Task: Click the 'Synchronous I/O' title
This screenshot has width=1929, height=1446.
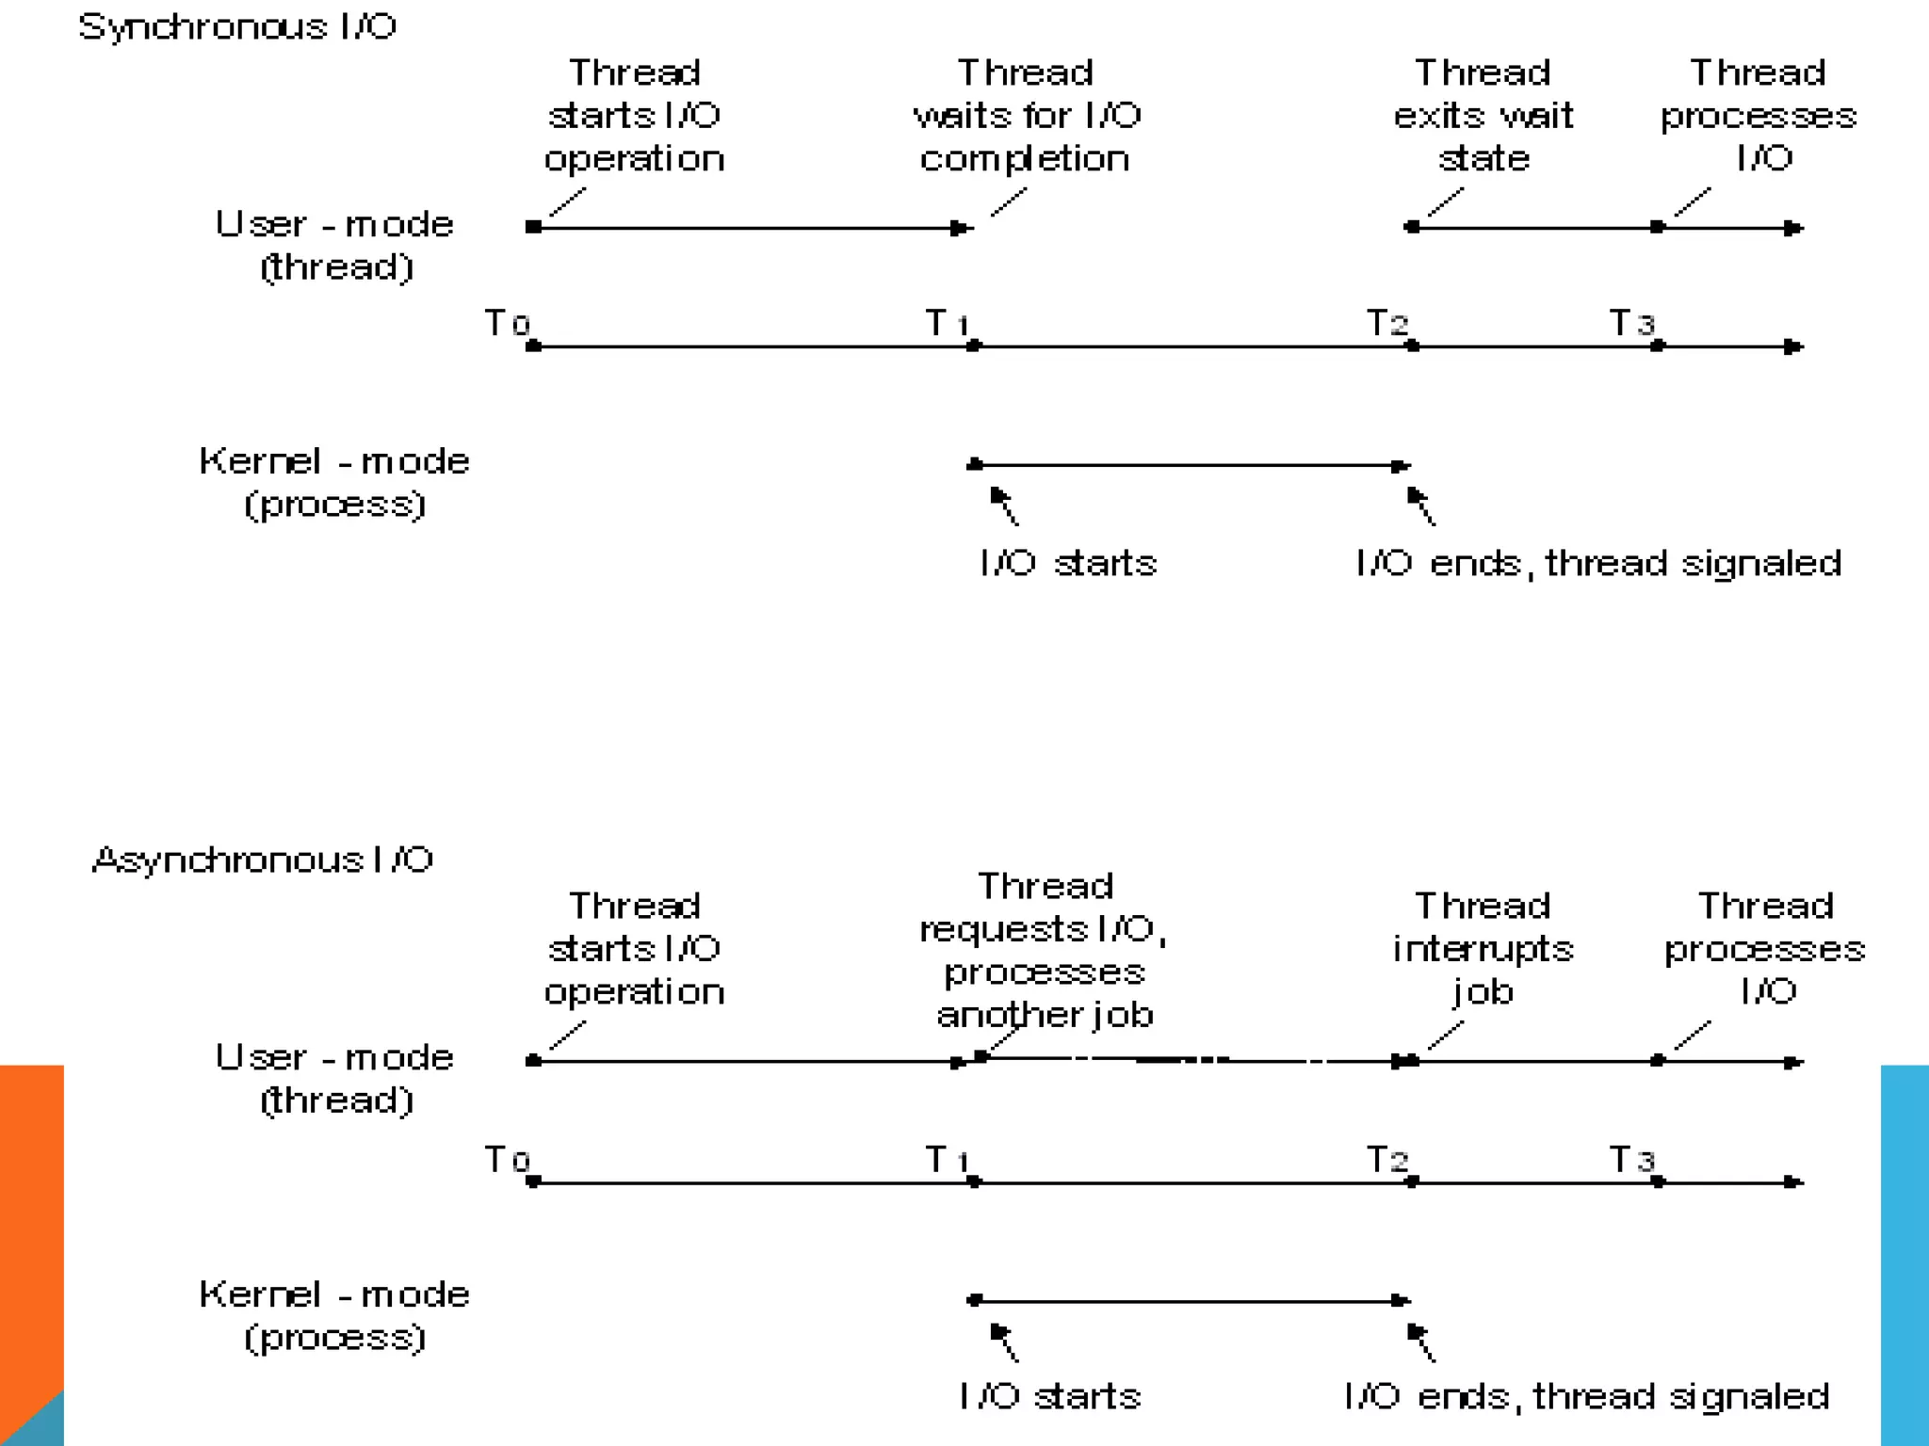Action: [x=237, y=26]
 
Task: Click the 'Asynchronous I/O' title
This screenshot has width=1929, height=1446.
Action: [x=262, y=860]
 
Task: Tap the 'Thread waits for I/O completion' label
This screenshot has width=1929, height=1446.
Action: [x=1026, y=116]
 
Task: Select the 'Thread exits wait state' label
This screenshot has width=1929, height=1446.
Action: [x=1483, y=116]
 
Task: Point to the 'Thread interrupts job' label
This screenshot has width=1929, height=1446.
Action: [x=1483, y=948]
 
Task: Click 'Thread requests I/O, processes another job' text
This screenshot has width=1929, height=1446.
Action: [x=1044, y=951]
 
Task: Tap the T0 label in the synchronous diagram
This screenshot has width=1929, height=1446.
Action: [x=507, y=323]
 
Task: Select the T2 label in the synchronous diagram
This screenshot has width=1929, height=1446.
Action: [x=1387, y=323]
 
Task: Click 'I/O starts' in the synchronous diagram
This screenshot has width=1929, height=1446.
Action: [x=1068, y=563]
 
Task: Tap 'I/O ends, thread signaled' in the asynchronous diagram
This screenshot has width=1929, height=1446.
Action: [x=1586, y=1396]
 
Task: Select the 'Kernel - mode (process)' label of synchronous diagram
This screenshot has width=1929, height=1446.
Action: [x=334, y=482]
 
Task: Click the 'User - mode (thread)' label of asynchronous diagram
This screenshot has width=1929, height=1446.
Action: [x=334, y=1079]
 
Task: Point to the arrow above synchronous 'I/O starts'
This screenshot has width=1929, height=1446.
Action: [x=1003, y=505]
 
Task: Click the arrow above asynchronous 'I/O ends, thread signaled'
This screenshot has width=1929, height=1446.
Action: [x=1420, y=1342]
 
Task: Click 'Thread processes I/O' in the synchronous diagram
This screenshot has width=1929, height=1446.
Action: [x=1759, y=116]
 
